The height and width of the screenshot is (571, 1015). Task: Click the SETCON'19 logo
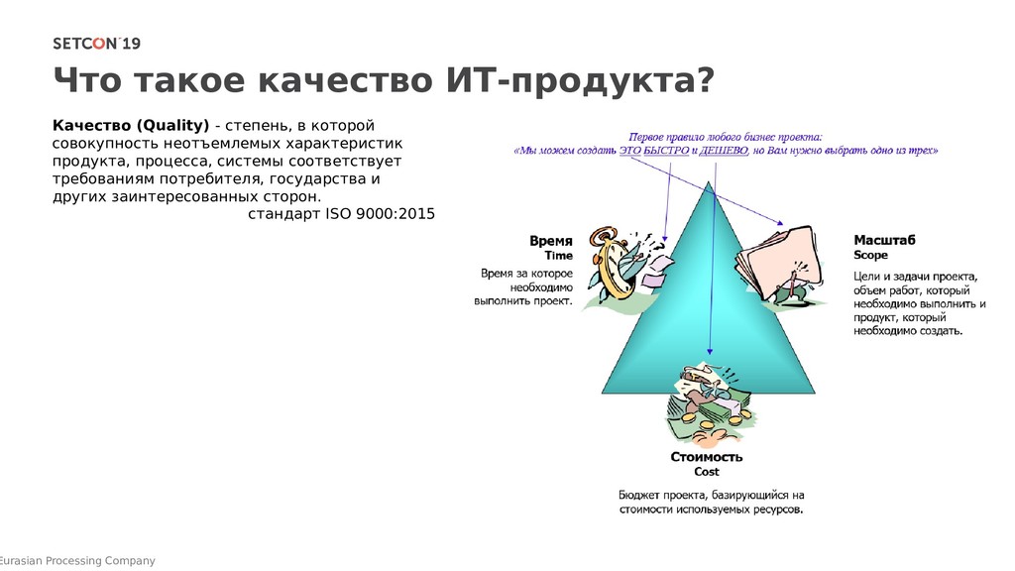point(96,43)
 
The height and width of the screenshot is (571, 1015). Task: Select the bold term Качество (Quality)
point(130,125)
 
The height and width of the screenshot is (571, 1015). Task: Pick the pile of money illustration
point(708,402)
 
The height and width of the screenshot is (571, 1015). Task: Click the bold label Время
point(551,240)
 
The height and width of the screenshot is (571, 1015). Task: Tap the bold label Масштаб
point(884,239)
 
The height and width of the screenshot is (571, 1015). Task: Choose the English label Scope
point(871,255)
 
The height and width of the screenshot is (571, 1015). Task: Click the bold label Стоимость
point(707,457)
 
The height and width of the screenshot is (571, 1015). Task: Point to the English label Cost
point(707,472)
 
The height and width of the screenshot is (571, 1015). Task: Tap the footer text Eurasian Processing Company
point(78,561)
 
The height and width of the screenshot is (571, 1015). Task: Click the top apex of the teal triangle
point(709,184)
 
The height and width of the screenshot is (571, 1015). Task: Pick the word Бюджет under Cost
point(642,495)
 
